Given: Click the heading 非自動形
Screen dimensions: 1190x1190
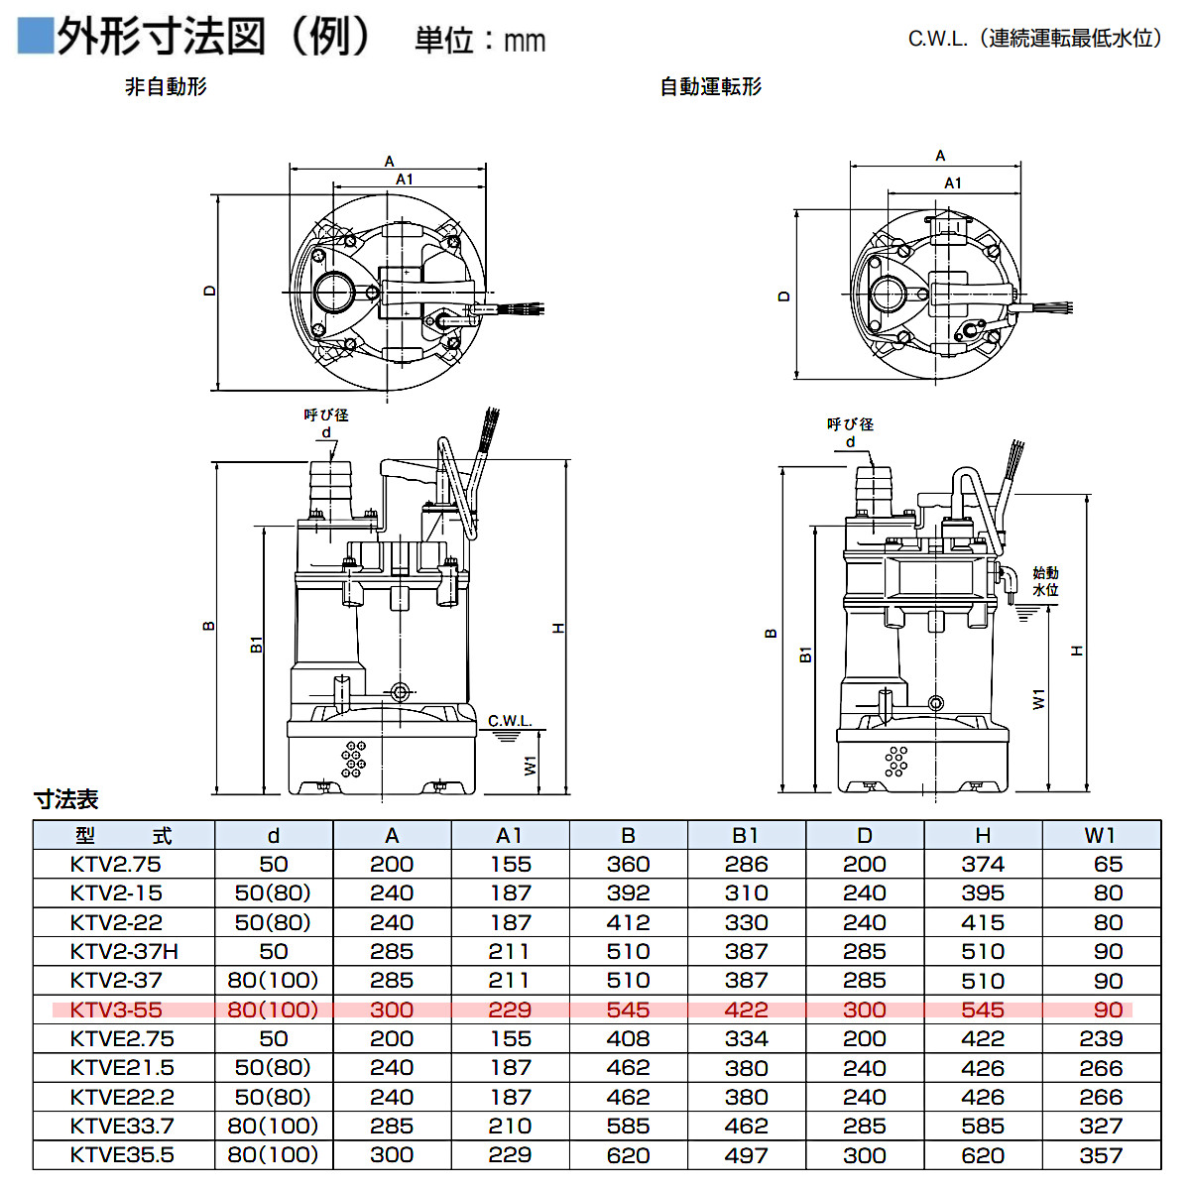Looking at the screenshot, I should click(166, 87).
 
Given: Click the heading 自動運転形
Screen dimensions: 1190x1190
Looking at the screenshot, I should click(711, 87).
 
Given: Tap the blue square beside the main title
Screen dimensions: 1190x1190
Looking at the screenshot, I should click(35, 36).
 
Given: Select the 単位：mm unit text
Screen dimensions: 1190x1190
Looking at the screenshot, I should click(480, 40).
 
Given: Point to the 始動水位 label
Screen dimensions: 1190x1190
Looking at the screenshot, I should click(1045, 581).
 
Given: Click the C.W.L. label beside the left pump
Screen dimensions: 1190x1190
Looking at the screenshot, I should click(510, 721).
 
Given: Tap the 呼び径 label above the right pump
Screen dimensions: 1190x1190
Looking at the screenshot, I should click(850, 424).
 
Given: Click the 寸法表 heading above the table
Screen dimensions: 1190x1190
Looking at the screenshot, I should click(66, 799).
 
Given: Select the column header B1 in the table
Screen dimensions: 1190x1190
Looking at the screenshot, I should click(746, 836).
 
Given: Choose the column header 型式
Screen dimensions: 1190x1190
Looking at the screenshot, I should click(123, 836).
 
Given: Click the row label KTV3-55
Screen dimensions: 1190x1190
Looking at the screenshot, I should click(116, 1010).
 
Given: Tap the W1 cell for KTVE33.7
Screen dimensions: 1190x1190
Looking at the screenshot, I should click(1101, 1127).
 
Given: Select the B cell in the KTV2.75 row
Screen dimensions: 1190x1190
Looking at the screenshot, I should click(628, 865).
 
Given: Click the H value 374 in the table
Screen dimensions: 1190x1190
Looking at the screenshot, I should click(983, 865).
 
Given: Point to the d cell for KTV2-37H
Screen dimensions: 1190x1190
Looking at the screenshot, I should click(273, 952).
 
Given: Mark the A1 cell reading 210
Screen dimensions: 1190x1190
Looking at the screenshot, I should click(510, 1127).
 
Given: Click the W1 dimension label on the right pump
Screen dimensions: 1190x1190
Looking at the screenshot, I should click(1038, 699).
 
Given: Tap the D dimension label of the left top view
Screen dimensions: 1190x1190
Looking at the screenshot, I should click(209, 291).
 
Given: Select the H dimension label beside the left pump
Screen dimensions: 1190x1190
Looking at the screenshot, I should click(558, 628).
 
